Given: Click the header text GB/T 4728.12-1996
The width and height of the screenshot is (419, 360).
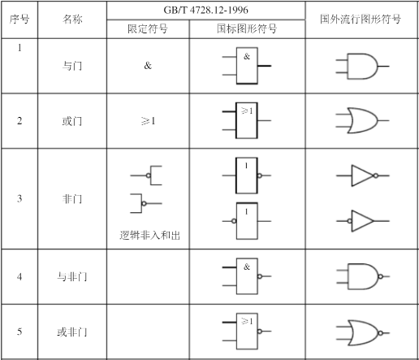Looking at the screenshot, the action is tap(205, 10).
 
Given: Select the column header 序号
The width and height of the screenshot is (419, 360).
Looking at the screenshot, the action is tap(19, 20).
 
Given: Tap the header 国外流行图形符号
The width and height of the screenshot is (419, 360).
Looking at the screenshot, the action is tap(361, 19).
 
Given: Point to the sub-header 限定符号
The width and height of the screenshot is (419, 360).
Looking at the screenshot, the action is tap(148, 28).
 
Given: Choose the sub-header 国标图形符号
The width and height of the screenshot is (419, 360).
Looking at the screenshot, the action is tap(247, 28).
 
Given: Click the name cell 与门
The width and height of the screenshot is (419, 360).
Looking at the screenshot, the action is tap(72, 66).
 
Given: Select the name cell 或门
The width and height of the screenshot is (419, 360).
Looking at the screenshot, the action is tap(72, 121).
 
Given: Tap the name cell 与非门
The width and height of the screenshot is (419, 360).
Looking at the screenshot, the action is tap(72, 276).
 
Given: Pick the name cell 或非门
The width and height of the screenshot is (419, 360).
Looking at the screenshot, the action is tap(72, 332).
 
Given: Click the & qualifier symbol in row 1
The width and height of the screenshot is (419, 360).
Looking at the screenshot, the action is tap(148, 65).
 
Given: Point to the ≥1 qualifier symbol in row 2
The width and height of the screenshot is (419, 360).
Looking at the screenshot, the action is tap(149, 121).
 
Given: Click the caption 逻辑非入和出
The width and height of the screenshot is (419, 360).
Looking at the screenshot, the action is tap(149, 235).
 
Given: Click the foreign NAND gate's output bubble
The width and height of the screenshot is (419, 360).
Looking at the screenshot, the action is tap(381, 276).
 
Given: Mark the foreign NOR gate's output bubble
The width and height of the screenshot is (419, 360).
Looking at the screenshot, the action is tap(381, 333).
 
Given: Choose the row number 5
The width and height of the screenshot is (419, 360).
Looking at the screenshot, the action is tap(19, 332).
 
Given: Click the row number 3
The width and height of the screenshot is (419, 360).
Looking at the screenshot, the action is tap(19, 198).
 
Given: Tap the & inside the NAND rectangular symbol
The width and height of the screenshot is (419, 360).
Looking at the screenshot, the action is tap(247, 267).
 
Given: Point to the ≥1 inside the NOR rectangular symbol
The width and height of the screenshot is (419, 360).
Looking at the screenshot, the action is tap(247, 321).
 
